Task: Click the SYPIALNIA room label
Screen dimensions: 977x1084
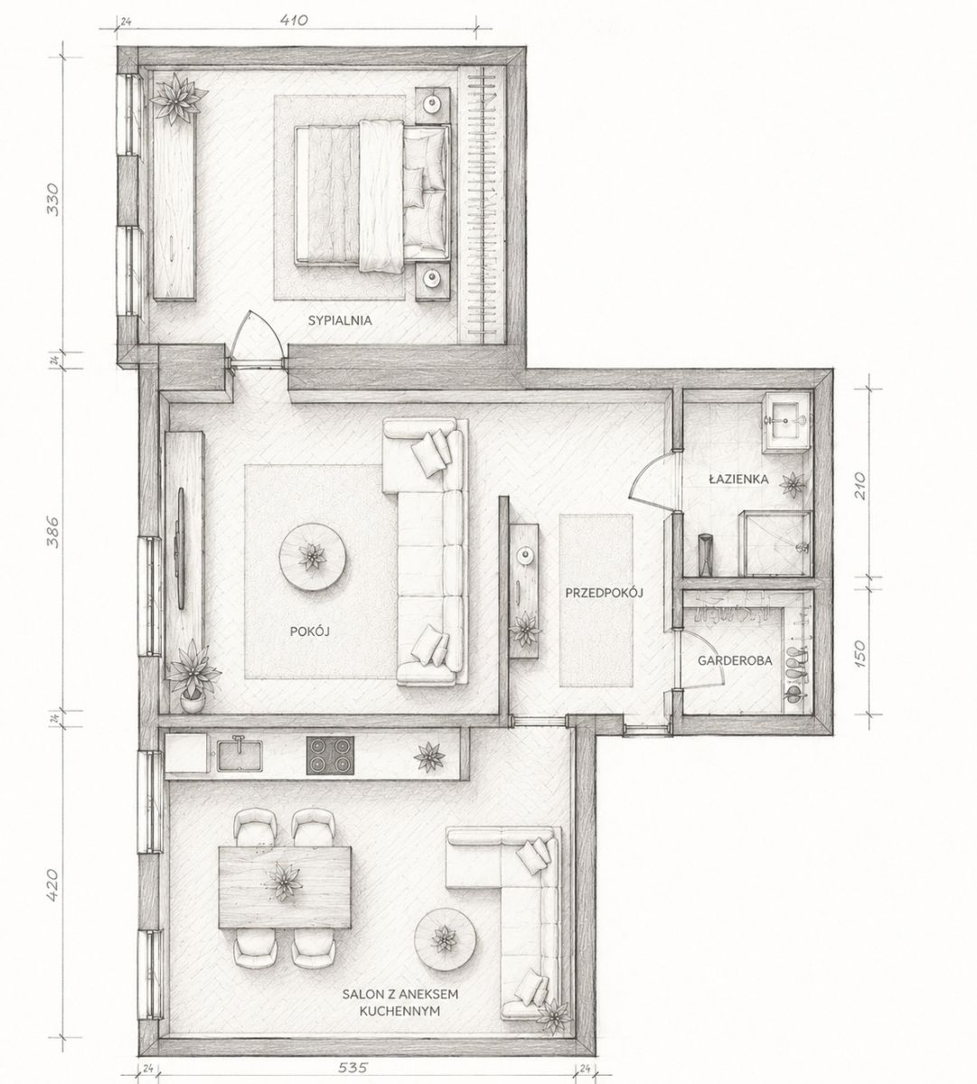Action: point(340,321)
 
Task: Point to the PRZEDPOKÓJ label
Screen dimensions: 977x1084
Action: point(604,593)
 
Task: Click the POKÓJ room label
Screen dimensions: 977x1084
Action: point(310,631)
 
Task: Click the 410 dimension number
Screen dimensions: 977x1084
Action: point(294,21)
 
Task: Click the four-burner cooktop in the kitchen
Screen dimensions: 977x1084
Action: point(331,755)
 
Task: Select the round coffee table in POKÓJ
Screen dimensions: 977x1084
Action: point(313,556)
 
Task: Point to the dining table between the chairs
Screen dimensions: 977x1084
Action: point(285,895)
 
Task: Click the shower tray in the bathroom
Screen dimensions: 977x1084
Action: point(778,543)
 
